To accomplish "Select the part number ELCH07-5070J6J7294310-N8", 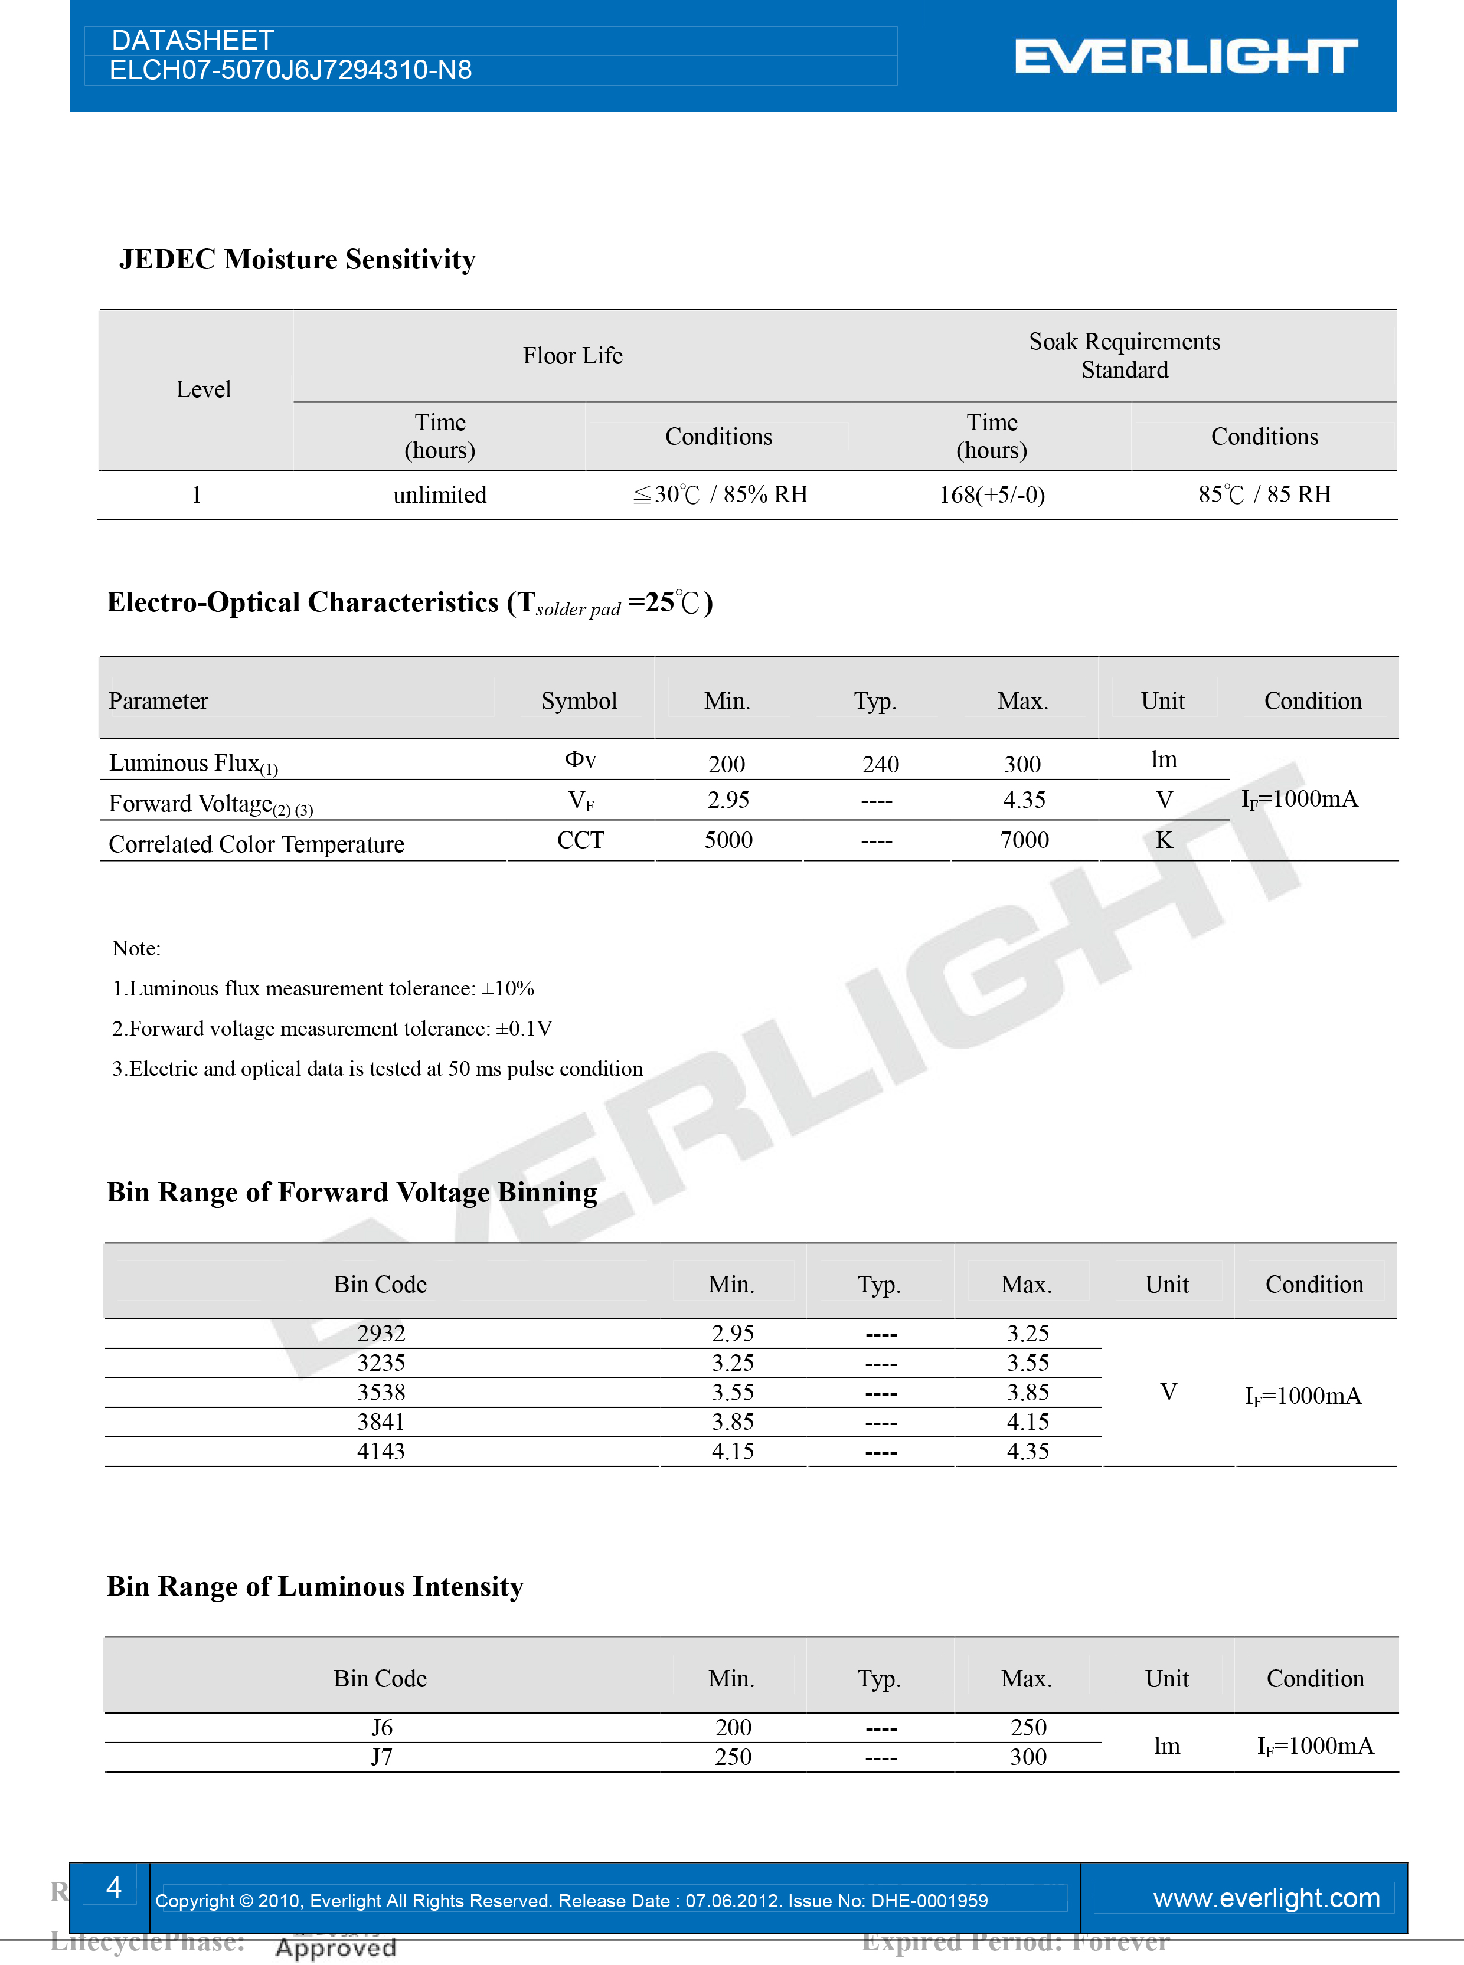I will [290, 71].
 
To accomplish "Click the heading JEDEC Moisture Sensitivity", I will [297, 260].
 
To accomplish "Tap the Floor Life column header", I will [573, 356].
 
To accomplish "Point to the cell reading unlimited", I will [440, 495].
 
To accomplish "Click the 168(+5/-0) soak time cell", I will [992, 495].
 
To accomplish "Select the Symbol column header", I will [579, 701].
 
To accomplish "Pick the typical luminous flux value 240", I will [880, 764].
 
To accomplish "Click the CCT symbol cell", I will [580, 840].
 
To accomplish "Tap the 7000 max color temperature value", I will [1024, 840].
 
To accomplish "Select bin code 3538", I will [381, 1392].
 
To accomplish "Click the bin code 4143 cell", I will [381, 1451].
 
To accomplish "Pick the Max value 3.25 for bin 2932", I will [1027, 1334].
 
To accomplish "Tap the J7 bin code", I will [381, 1757].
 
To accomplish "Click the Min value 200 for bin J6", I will [733, 1728].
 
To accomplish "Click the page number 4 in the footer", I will [113, 1887].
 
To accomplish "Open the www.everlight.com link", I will [1266, 1898].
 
